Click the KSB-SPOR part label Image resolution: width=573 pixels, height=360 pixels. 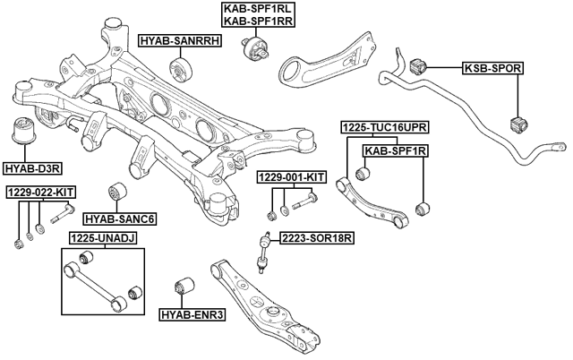point(492,68)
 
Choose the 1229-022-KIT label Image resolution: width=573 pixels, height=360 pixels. point(40,192)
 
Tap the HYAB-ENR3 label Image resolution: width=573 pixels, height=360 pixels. point(192,314)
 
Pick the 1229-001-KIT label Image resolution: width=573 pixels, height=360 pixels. point(290,177)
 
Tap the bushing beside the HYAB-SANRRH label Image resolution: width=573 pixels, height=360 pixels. point(184,69)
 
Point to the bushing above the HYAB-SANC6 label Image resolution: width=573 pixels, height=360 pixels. point(117,193)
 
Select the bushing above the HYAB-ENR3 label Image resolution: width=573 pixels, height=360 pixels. point(188,287)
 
